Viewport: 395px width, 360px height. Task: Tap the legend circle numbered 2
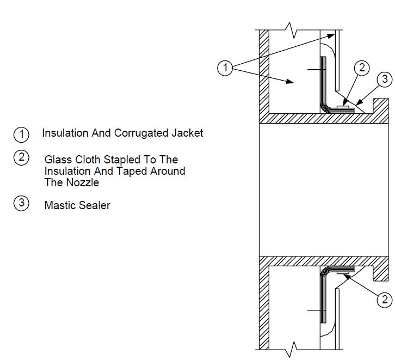click(21, 157)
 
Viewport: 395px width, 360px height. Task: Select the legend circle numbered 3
click(21, 203)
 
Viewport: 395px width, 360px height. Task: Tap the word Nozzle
click(82, 182)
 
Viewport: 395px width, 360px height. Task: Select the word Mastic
click(60, 205)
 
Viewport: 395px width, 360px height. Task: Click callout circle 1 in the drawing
click(225, 68)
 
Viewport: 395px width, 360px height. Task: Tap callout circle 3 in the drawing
click(385, 79)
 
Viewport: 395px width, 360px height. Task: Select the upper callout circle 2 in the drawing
click(362, 68)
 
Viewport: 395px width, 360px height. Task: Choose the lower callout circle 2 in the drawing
click(385, 300)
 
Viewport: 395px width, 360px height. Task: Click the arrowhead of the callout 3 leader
click(359, 102)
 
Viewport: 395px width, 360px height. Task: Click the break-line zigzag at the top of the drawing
click(292, 30)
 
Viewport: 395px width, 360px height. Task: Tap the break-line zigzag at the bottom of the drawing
click(292, 350)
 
